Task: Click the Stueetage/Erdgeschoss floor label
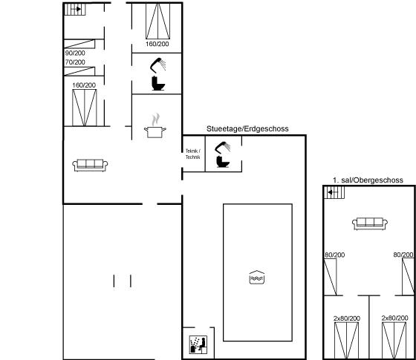pos(247,129)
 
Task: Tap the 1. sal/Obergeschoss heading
pos(368,180)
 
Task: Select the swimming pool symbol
pos(257,278)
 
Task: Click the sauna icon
pos(198,344)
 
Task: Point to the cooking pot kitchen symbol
pos(155,126)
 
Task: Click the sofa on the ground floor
pos(90,166)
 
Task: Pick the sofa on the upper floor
pos(370,224)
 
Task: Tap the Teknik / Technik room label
pos(193,154)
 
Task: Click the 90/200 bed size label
pos(75,53)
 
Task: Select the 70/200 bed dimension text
pos(75,62)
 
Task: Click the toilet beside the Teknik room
pos(223,162)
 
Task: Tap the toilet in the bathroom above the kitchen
pos(158,83)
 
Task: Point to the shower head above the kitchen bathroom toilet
pos(158,65)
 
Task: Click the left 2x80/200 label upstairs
pos(347,318)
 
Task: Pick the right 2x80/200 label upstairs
pos(394,318)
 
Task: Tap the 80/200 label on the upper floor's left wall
pos(335,255)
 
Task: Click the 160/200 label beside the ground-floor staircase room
pos(157,44)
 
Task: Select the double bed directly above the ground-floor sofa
pos(85,108)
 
